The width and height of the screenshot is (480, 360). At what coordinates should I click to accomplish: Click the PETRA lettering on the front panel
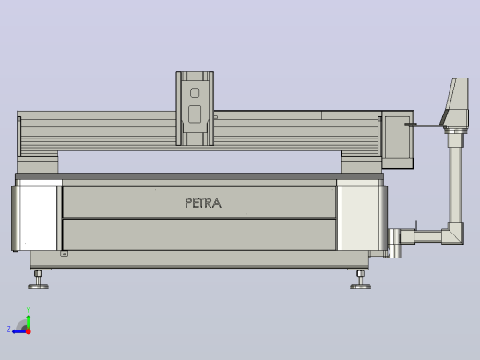tap(203, 203)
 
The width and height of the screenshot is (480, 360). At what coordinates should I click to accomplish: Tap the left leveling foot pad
tap(38, 287)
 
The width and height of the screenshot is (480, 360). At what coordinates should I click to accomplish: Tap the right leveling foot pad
tap(360, 287)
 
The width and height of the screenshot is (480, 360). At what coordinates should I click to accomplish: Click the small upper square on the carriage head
tap(195, 92)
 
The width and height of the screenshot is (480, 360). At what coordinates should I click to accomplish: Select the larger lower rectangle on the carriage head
tap(195, 114)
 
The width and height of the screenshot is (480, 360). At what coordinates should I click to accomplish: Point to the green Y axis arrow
tap(29, 321)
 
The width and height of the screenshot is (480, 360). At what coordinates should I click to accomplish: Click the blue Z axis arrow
tap(19, 331)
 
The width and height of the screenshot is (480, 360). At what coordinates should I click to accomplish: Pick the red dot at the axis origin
tap(29, 331)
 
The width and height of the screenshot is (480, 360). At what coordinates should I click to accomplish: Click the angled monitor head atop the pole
tap(456, 103)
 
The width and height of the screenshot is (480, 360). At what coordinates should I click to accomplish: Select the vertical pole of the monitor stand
tap(455, 178)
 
